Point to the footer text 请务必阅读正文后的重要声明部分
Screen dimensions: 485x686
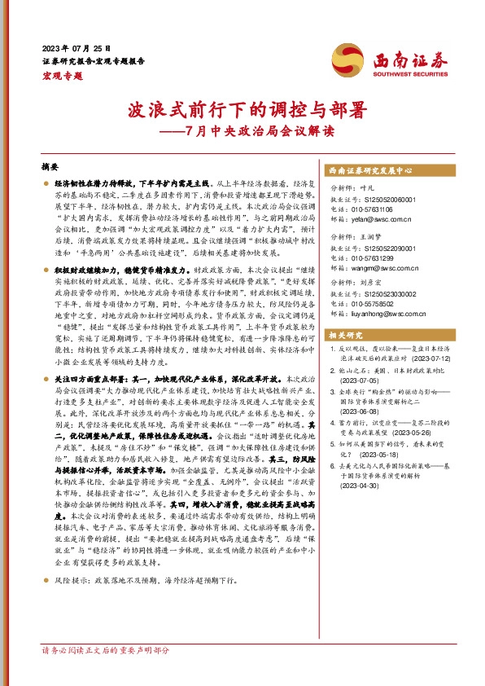[105, 674]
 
